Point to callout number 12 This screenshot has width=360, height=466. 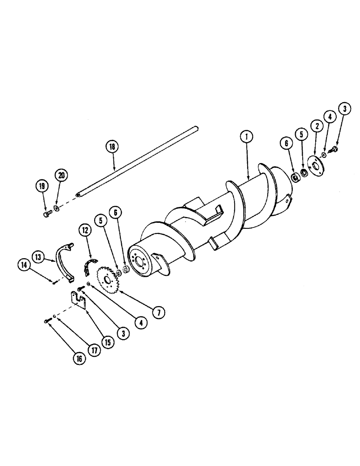pos(84,229)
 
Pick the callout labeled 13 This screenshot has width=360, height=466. pos(38,255)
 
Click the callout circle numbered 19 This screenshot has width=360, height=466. pos(42,186)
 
